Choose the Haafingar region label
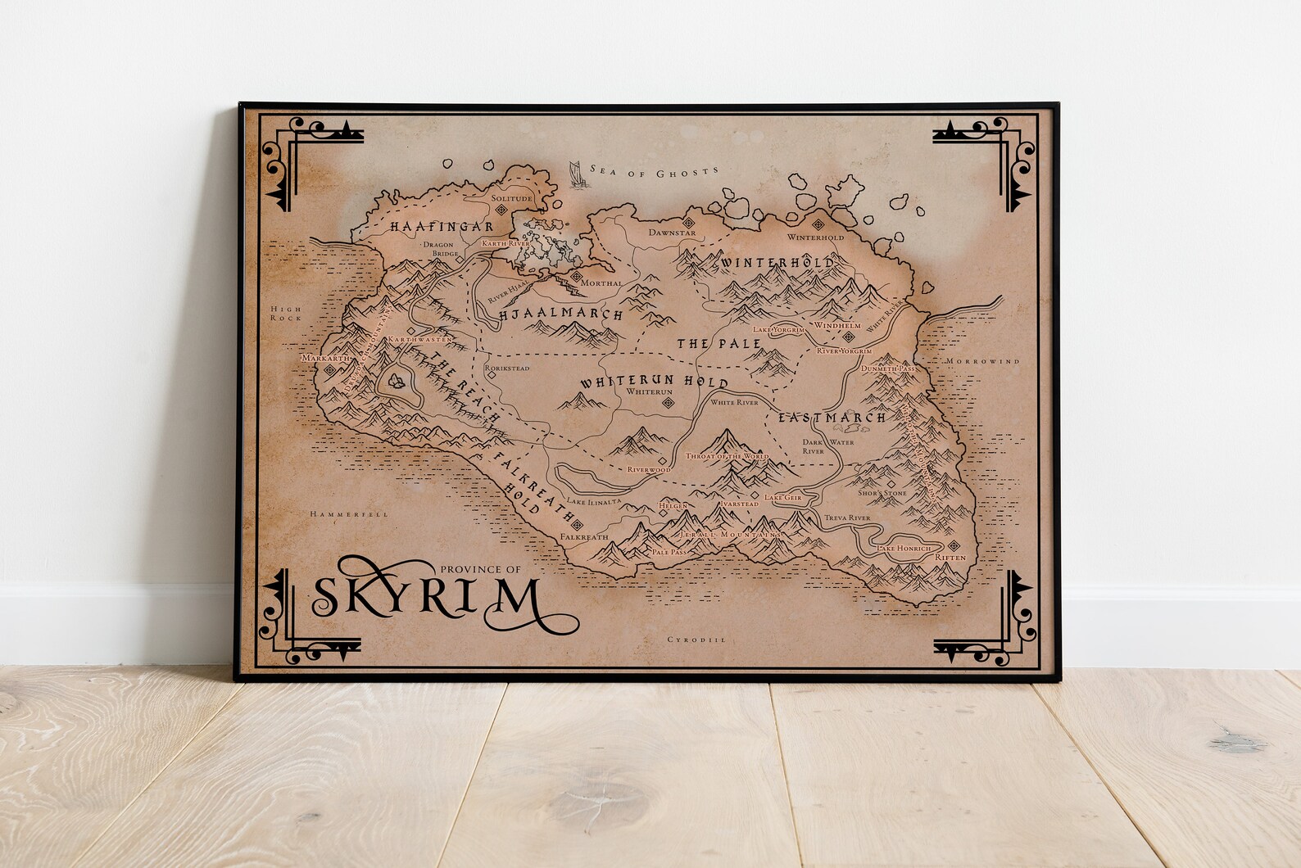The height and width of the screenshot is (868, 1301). (x=417, y=225)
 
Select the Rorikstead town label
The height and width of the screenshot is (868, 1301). (x=507, y=368)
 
